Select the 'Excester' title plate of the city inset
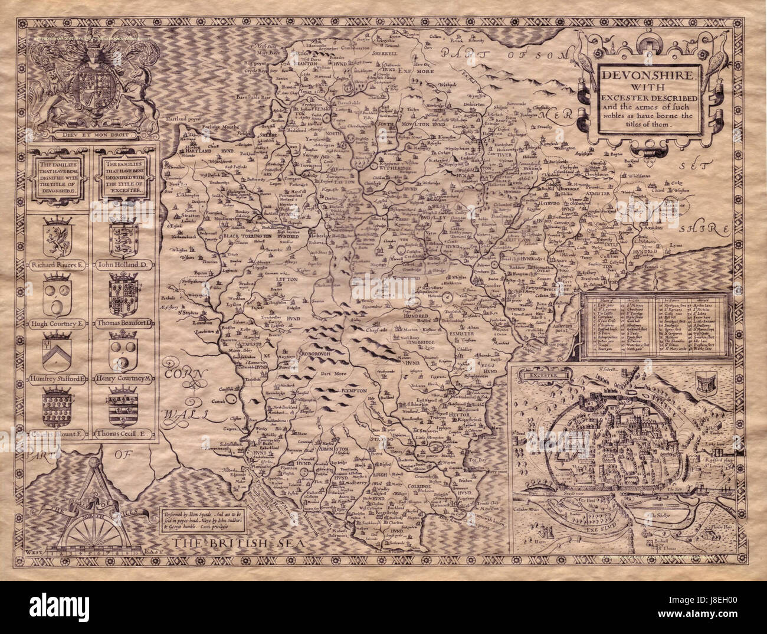point(543,373)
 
